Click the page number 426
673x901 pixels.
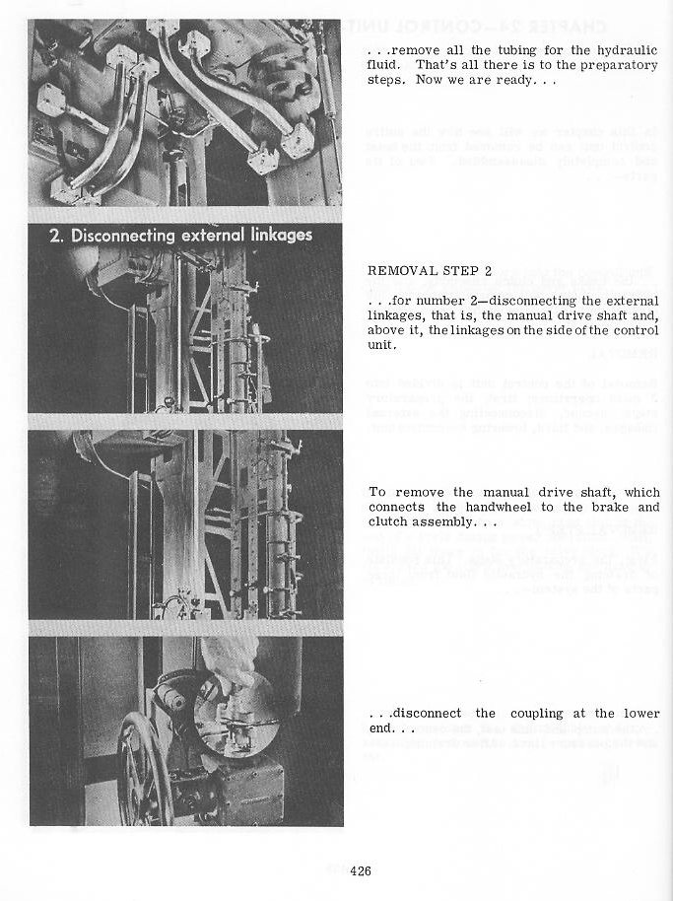click(360, 870)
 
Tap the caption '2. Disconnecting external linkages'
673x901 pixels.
click(181, 235)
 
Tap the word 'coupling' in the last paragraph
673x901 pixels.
click(534, 714)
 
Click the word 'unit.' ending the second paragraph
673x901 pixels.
click(382, 346)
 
